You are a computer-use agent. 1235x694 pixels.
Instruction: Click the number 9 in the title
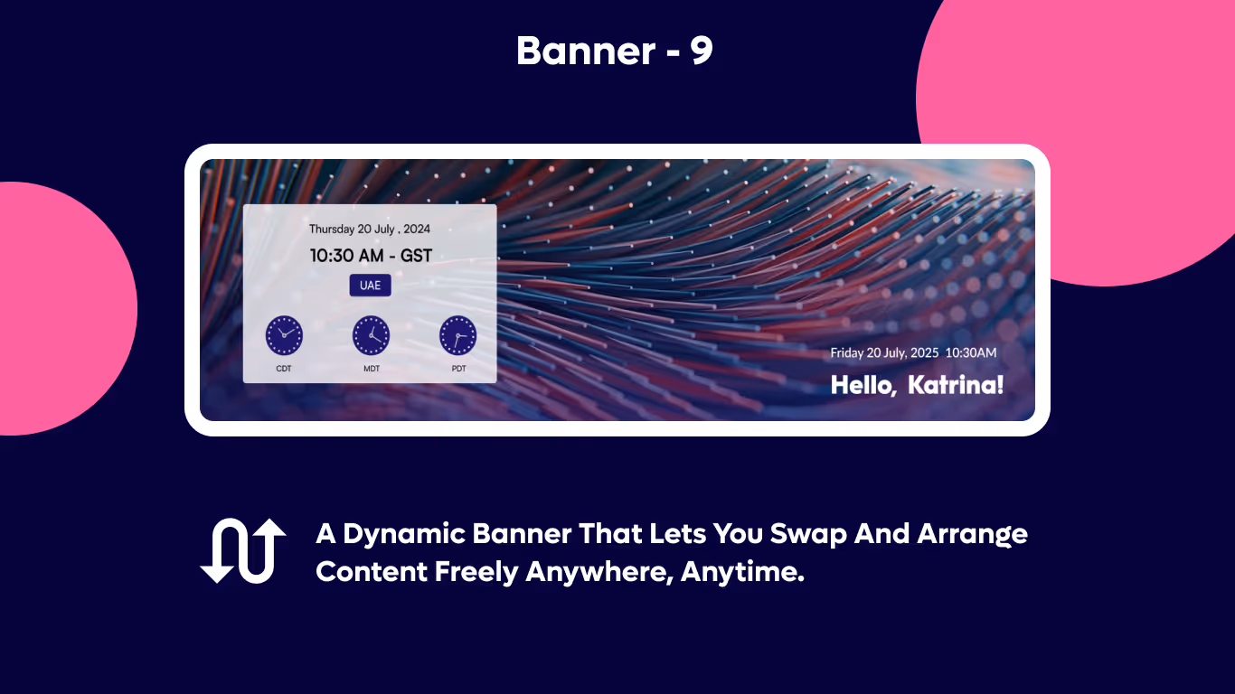702,52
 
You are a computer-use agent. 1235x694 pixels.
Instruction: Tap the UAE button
370,286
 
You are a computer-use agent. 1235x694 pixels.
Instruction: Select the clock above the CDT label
284,335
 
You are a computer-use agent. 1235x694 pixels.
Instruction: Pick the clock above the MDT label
371,335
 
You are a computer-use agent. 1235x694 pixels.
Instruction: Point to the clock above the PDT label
457,335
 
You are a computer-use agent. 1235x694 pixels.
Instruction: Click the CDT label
284,369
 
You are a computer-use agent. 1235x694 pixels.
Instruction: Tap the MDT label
372,369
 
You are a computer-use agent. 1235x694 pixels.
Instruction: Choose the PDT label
459,369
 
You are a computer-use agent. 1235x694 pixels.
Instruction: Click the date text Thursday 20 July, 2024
370,230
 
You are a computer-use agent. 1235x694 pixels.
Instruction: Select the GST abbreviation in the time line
416,256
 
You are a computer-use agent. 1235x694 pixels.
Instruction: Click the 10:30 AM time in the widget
346,256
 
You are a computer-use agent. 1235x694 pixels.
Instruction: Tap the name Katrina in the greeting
955,385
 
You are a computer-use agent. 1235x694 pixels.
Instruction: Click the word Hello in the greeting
863,385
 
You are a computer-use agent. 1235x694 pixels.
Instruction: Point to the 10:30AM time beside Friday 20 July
971,352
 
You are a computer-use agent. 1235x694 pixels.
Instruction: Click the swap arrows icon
242,551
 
